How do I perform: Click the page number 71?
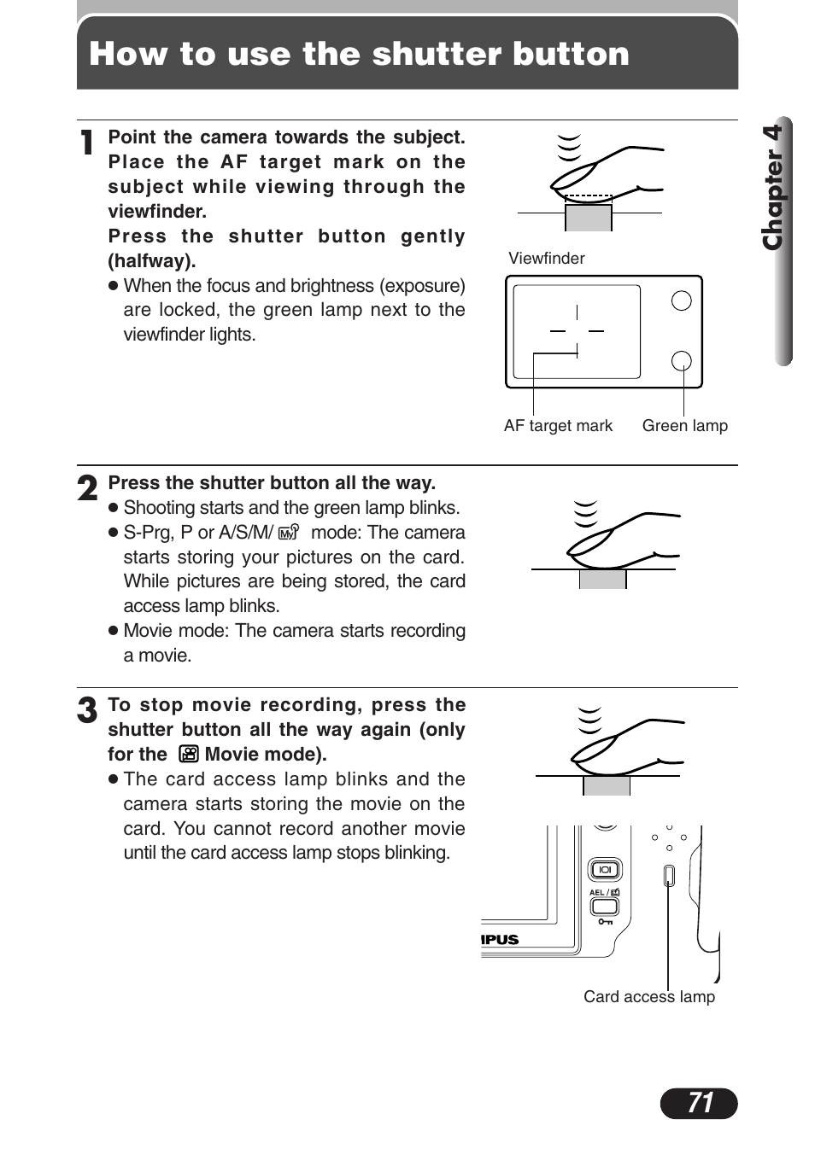(x=699, y=1103)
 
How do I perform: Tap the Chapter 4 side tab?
(x=774, y=188)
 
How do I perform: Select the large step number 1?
(x=87, y=143)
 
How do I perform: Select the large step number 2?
(x=87, y=489)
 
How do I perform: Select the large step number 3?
(x=87, y=710)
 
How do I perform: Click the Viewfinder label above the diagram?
(x=546, y=258)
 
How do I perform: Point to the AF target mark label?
(x=558, y=425)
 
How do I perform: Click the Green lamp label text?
(x=684, y=425)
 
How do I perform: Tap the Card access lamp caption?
(x=648, y=996)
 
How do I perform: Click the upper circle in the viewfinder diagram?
(x=681, y=300)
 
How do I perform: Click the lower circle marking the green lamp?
(x=681, y=361)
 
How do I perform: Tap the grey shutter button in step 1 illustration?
(x=588, y=218)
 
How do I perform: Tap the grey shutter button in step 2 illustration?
(x=602, y=580)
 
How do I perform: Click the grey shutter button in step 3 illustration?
(x=606, y=786)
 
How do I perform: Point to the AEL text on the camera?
(x=596, y=892)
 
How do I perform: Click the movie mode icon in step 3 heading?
(x=189, y=754)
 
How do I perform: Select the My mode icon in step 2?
(x=289, y=532)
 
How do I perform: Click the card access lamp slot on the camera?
(x=669, y=876)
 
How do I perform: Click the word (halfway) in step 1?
(x=151, y=261)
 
